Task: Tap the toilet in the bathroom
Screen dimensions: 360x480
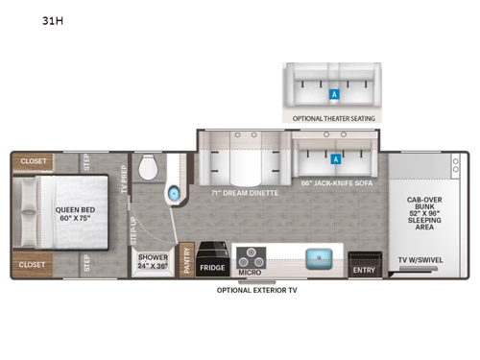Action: (x=149, y=168)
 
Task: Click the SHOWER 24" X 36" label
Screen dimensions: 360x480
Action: (x=153, y=260)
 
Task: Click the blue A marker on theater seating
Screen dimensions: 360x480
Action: (x=334, y=94)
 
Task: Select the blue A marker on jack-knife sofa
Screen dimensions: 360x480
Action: (x=337, y=158)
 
